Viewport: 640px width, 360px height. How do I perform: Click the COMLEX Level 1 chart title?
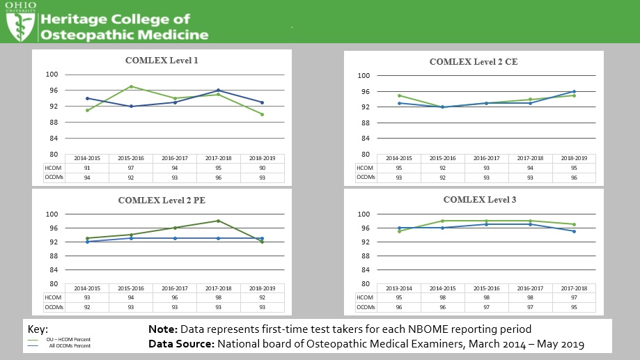[x=162, y=61]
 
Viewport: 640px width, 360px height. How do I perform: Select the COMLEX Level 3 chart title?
[x=480, y=200]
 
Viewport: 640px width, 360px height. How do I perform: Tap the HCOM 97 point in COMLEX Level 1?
[x=132, y=86]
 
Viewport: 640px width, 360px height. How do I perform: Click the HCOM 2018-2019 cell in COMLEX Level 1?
[x=262, y=167]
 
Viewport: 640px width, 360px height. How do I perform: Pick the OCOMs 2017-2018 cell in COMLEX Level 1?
[x=218, y=177]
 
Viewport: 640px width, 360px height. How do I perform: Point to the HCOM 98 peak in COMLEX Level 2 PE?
[x=218, y=221]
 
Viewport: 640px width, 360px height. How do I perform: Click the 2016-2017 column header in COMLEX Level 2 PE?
[x=175, y=288]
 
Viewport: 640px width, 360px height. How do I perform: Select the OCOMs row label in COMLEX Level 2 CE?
[x=366, y=177]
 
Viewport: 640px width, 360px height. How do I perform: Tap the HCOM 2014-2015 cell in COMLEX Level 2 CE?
[x=399, y=168]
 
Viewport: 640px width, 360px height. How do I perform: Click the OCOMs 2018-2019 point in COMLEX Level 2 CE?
[x=574, y=91]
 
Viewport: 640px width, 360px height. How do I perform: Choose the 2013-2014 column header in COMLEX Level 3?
[x=399, y=288]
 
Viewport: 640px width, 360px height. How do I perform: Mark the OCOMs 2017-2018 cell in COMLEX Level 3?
[x=574, y=307]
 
